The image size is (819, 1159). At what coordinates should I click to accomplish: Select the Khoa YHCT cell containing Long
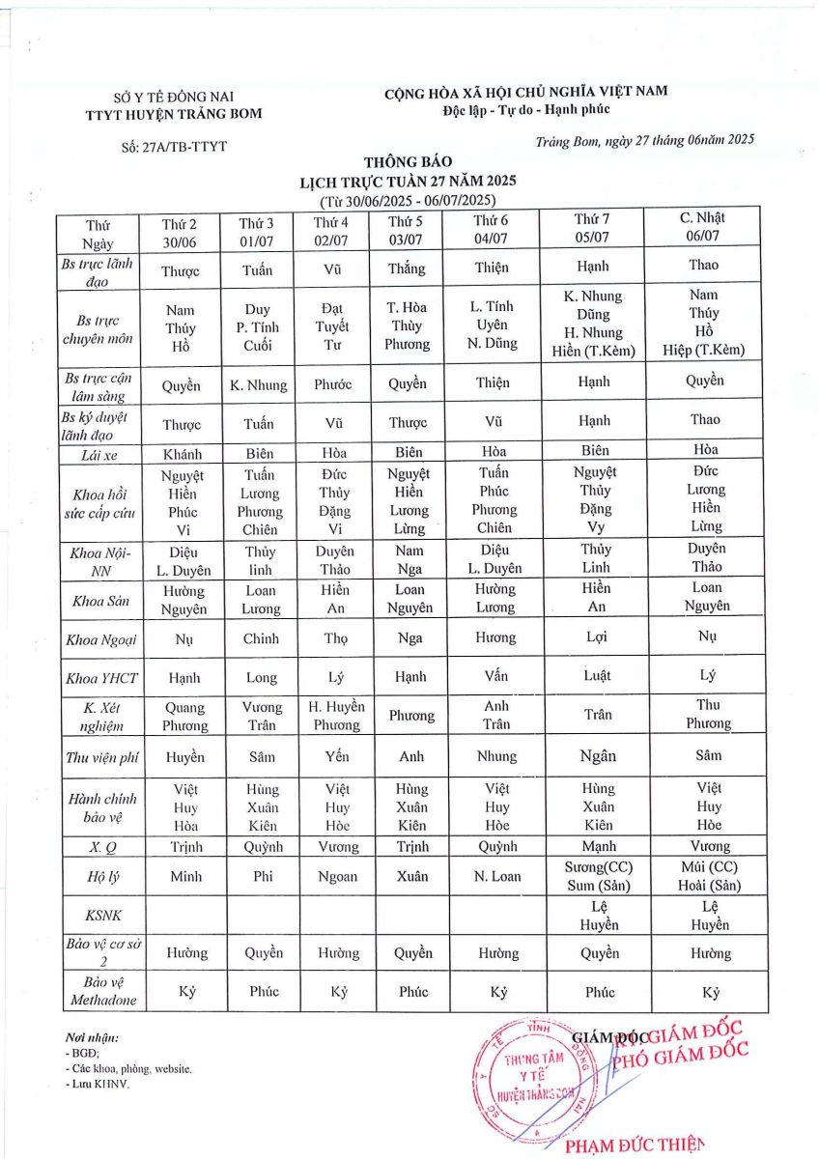(x=261, y=678)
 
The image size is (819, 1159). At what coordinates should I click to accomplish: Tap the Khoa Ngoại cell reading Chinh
(x=261, y=638)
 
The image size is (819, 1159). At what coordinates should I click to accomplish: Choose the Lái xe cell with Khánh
(x=181, y=452)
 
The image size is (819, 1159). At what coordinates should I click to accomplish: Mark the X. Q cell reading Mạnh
(x=598, y=846)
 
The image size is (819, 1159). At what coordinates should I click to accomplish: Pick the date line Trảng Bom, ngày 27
(x=643, y=141)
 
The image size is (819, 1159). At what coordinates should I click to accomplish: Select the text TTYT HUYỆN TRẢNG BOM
(x=174, y=113)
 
